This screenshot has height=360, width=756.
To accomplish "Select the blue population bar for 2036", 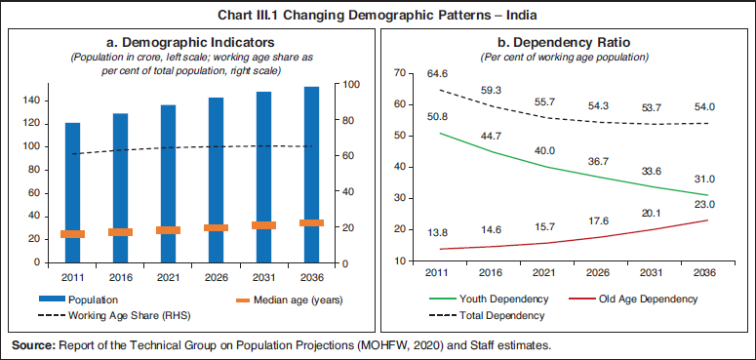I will tap(310, 175).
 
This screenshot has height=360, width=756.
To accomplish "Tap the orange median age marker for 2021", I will tap(168, 230).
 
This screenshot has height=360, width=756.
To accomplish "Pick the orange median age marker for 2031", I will tap(262, 225).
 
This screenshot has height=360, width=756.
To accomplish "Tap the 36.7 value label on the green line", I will tap(599, 160).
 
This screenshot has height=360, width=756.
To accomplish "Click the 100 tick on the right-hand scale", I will tap(349, 85).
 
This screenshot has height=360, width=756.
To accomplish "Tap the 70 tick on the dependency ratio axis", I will tap(399, 73).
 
